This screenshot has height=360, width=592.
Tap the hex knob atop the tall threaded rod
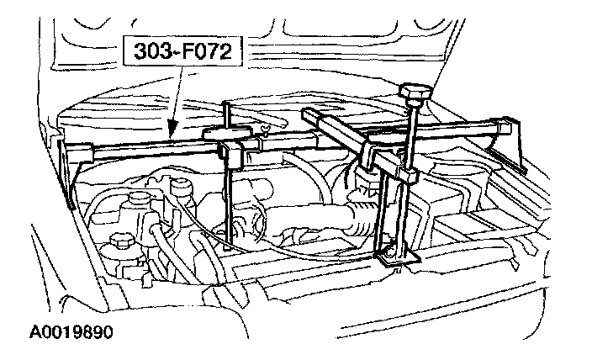pos(416,91)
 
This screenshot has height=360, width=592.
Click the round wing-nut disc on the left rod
pos(228,134)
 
